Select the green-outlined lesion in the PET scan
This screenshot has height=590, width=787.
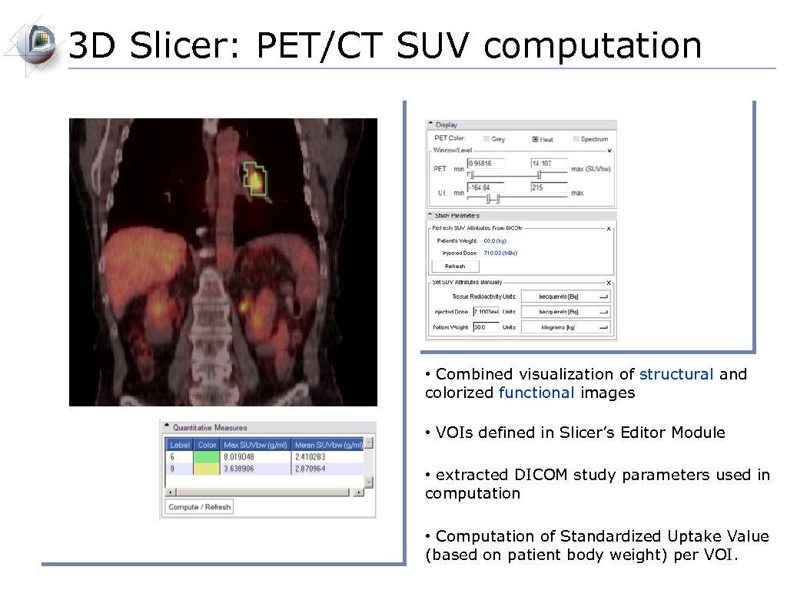[x=255, y=178]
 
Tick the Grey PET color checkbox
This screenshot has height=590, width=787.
[x=486, y=139]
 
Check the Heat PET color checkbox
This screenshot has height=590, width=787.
[x=535, y=139]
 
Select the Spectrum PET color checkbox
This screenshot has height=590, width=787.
[x=576, y=139]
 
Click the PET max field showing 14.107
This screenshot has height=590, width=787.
[x=548, y=164]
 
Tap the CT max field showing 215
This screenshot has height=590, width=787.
[x=548, y=187]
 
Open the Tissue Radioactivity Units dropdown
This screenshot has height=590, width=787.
[x=566, y=297]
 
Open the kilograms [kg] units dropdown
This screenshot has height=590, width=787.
[x=566, y=327]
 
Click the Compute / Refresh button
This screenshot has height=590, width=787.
[x=199, y=507]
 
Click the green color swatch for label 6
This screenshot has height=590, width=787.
[x=207, y=456]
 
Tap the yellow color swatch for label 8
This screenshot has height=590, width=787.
[x=207, y=468]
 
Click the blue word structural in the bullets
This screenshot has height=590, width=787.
[x=676, y=374]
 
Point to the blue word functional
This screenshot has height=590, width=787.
[x=536, y=393]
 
